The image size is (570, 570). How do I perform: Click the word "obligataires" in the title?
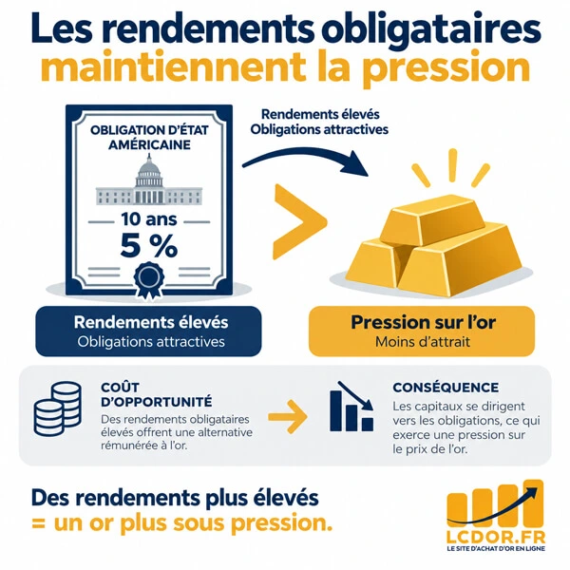pyautogui.click(x=431, y=29)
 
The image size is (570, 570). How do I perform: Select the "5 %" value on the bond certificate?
pyautogui.click(x=149, y=246)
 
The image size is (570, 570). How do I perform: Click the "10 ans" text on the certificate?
pyautogui.click(x=149, y=219)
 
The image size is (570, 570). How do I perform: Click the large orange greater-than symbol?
pyautogui.click(x=299, y=221)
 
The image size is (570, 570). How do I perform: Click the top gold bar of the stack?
pyautogui.click(x=432, y=219)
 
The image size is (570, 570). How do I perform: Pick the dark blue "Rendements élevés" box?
pyautogui.click(x=148, y=332)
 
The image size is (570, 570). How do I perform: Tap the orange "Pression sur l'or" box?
pyautogui.click(x=422, y=332)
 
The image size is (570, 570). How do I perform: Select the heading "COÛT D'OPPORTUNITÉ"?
pyautogui.click(x=157, y=394)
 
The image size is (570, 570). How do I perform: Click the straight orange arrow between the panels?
pyautogui.click(x=288, y=417)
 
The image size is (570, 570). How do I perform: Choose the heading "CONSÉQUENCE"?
pyautogui.click(x=446, y=388)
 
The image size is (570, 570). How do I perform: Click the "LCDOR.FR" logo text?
pyautogui.click(x=496, y=537)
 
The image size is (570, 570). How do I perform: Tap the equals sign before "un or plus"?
pyautogui.click(x=38, y=524)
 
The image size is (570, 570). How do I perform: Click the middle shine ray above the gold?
pyautogui.click(x=452, y=165)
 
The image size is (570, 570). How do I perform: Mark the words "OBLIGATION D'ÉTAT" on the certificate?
pyautogui.click(x=149, y=130)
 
